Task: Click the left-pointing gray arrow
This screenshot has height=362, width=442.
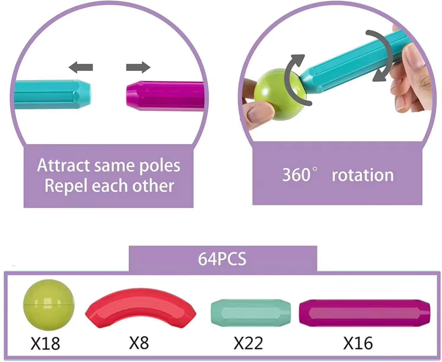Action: pyautogui.click(x=81, y=67)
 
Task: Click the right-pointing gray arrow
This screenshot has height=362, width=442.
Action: pyautogui.click(x=138, y=67)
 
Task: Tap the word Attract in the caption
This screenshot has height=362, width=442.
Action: pyautogui.click(x=63, y=165)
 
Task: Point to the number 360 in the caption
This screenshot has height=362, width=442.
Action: pyautogui.click(x=296, y=175)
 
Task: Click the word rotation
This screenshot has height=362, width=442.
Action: pyautogui.click(x=363, y=175)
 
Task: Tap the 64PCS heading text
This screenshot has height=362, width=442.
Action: pyautogui.click(x=222, y=259)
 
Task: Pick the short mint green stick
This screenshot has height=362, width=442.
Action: pyautogui.click(x=251, y=313)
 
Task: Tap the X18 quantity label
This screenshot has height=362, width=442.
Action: pyautogui.click(x=45, y=343)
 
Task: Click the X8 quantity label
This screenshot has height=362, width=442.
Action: pyautogui.click(x=139, y=343)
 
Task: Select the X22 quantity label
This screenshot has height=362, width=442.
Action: pyautogui.click(x=248, y=343)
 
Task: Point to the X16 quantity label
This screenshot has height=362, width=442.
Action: pyautogui.click(x=358, y=343)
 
